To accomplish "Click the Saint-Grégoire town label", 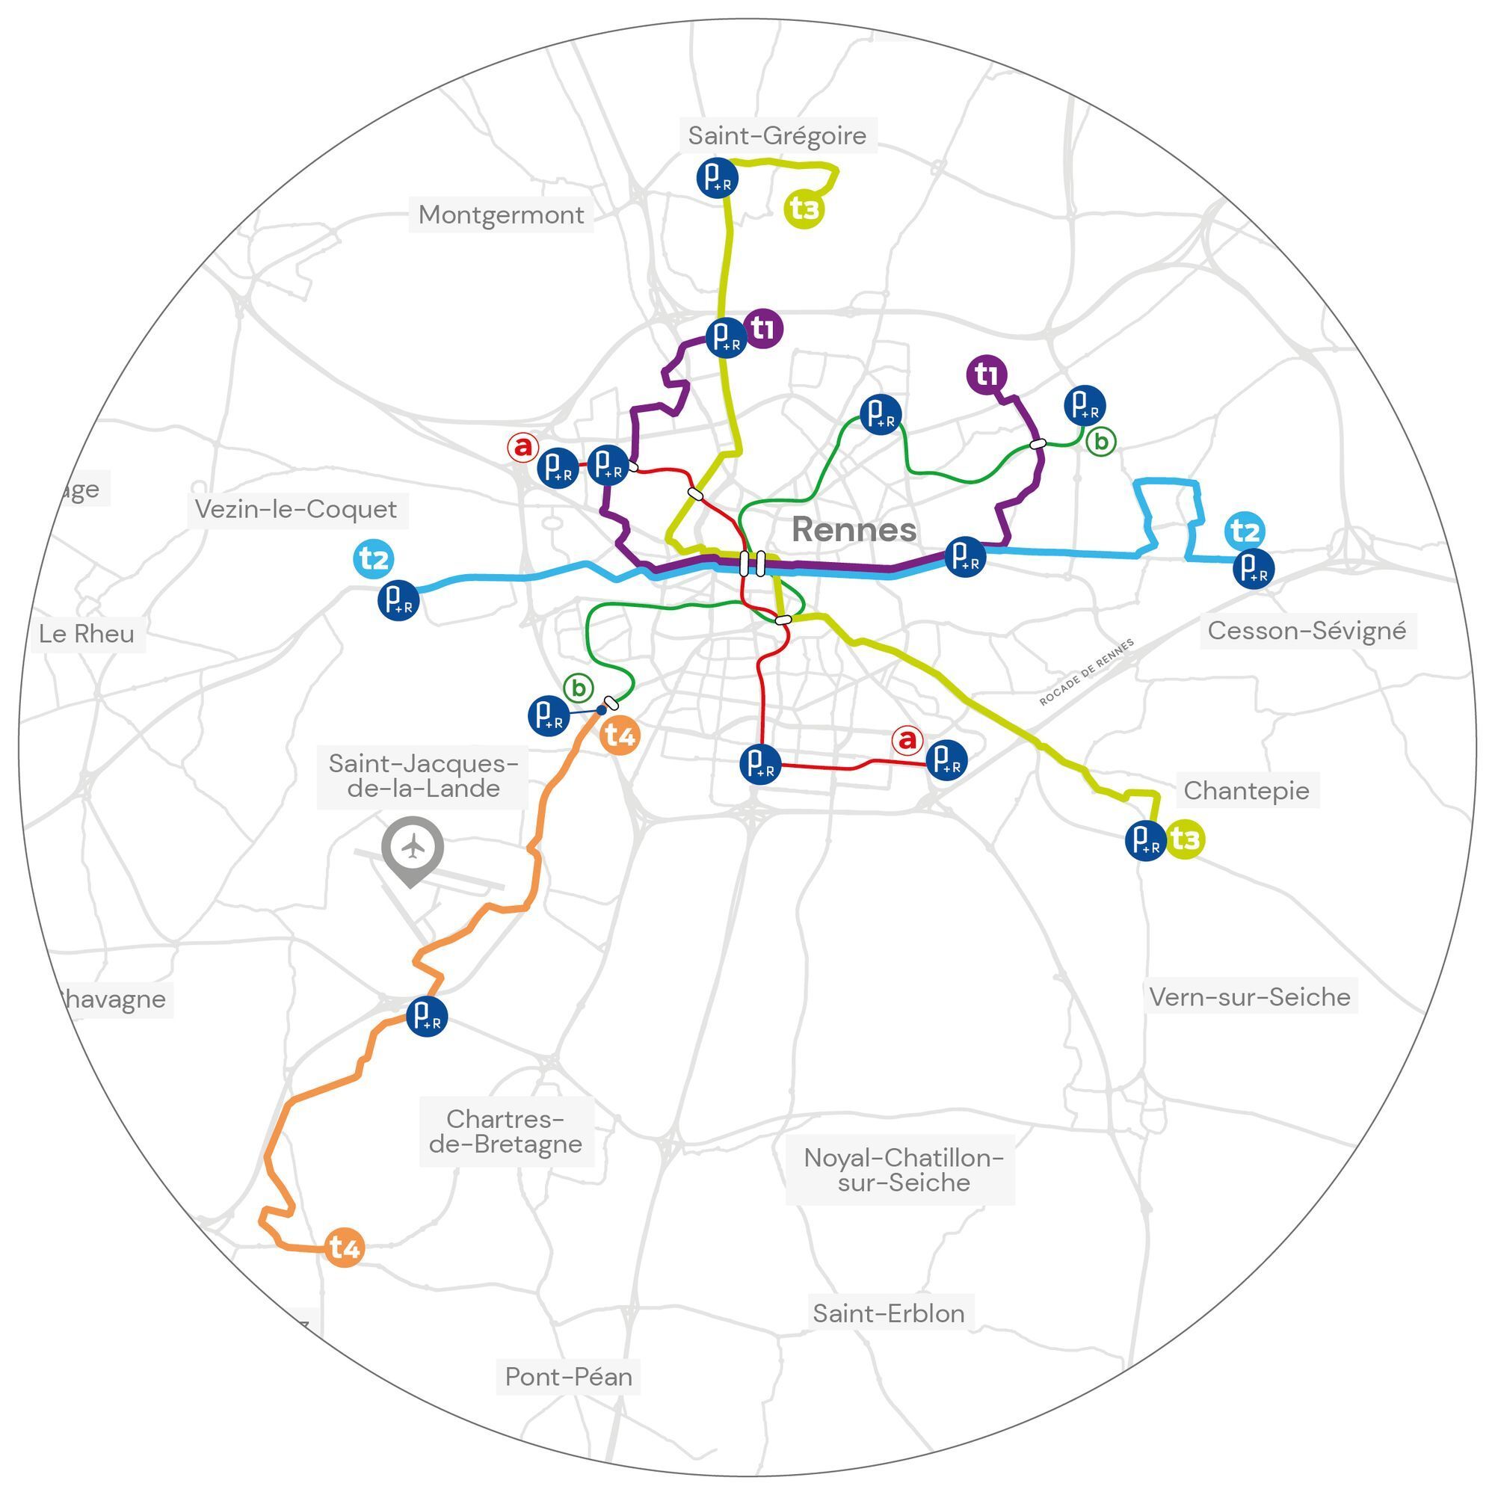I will pyautogui.click(x=777, y=135).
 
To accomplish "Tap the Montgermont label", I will pyautogui.click(x=501, y=215).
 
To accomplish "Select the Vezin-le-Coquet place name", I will pyautogui.click(x=295, y=509).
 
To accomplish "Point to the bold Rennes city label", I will pyautogui.click(x=854, y=530).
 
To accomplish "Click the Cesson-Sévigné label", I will pyautogui.click(x=1306, y=631).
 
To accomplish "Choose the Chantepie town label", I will pyautogui.click(x=1246, y=791).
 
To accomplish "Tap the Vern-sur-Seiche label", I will pyautogui.click(x=1249, y=996).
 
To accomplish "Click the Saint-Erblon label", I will pyautogui.click(x=888, y=1313).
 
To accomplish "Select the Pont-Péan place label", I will pyautogui.click(x=569, y=1377).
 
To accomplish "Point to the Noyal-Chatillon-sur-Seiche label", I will pyautogui.click(x=903, y=1170).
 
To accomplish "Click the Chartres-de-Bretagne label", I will pyautogui.click(x=505, y=1131).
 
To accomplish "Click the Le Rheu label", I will pyautogui.click(x=87, y=634).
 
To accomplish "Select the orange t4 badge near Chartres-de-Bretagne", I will pyautogui.click(x=344, y=1247).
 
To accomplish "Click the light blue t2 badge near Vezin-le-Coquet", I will pyautogui.click(x=374, y=558).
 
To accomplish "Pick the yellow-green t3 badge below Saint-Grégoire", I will pyautogui.click(x=805, y=209).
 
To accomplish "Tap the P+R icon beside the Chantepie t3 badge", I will pyautogui.click(x=1145, y=840).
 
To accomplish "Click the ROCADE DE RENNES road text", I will pyautogui.click(x=1086, y=672).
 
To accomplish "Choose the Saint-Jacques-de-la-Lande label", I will pyautogui.click(x=423, y=776).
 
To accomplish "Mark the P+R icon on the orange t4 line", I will pyautogui.click(x=426, y=1016).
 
